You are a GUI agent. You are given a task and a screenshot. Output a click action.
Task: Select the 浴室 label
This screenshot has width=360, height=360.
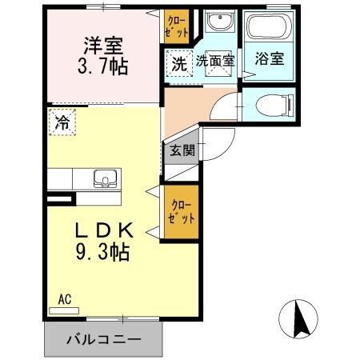click(268, 59)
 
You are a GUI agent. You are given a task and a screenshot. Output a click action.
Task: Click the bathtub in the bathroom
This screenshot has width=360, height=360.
click(268, 29)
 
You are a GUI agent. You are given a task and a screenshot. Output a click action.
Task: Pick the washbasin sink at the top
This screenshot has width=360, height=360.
click(215, 22)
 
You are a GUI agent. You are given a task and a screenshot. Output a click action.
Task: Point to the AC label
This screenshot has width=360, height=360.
click(66, 299)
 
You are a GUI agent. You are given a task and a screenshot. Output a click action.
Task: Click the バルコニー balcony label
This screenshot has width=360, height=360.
click(103, 339)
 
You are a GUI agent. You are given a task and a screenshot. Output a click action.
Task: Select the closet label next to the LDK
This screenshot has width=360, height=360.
click(180, 211)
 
